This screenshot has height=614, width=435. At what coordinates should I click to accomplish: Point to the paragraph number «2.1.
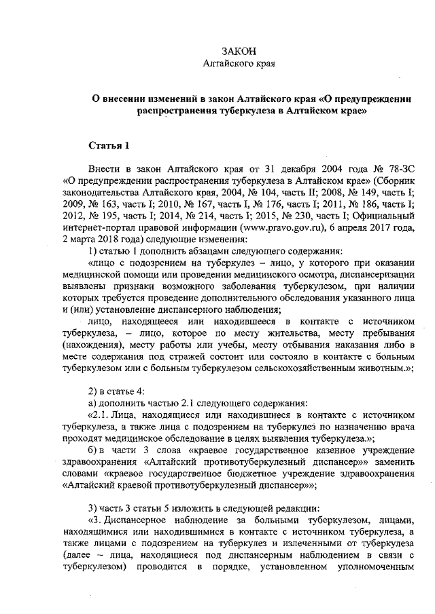[99, 415]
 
